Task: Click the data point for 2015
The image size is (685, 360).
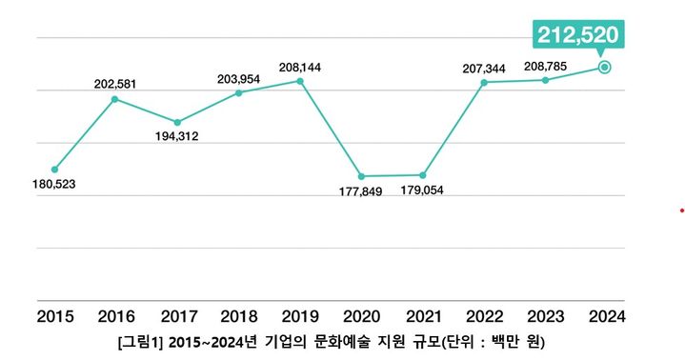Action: point(54,170)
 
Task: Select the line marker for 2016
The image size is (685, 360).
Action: point(114,98)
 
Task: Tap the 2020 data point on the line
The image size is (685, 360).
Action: point(361,176)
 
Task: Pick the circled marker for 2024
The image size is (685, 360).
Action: point(604,67)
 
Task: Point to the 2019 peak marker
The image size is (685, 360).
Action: point(300,81)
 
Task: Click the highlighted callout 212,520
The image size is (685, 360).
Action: point(576,35)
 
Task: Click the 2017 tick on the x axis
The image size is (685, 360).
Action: point(177,314)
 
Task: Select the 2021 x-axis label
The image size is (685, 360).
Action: point(422,314)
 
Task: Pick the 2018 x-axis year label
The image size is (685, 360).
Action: point(238,314)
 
